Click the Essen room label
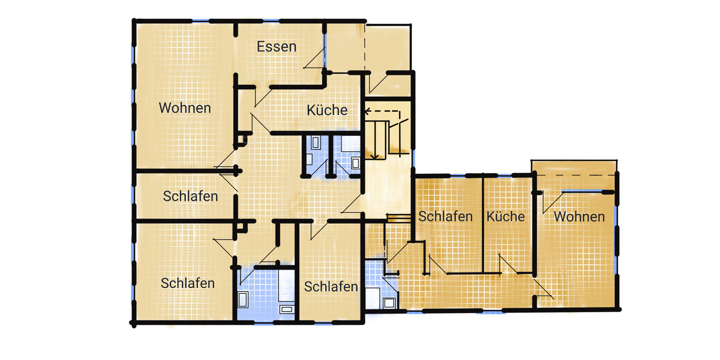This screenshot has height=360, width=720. pos(276,47)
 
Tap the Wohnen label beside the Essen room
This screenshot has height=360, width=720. pos(185,108)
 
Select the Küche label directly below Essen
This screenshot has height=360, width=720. pos(327,110)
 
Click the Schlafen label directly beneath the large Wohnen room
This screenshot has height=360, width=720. pos(190,196)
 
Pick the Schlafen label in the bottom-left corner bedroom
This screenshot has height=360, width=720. pos(188,283)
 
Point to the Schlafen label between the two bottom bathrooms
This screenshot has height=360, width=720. pos(331,287)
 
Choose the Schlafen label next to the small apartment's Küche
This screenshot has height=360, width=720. pos(445,216)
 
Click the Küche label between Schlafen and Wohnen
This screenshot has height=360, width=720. pos(505,216)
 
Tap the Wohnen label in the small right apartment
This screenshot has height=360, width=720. pos(579,216)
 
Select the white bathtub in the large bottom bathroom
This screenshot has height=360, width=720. pos(286,285)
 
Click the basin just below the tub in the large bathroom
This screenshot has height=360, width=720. pos(286,309)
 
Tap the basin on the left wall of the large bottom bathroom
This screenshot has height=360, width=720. pos(243,299)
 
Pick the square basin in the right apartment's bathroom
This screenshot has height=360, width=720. pos(389,303)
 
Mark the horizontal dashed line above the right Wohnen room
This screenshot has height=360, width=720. pos(576,175)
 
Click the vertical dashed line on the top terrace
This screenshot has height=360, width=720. pos(365,47)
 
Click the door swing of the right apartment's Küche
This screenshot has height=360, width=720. pos(508,264)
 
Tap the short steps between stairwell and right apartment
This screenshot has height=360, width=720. pos(399,218)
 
